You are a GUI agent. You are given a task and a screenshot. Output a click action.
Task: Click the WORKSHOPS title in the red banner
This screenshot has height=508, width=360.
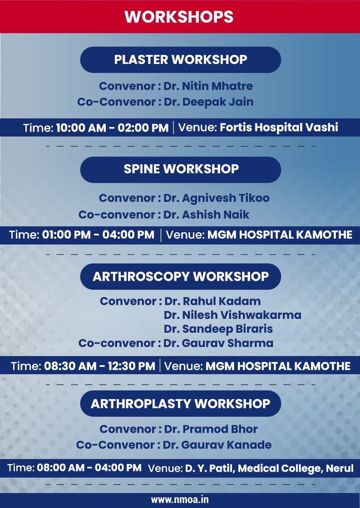coord(179,17)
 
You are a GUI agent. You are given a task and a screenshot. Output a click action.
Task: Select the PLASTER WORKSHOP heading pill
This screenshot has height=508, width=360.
coord(180,59)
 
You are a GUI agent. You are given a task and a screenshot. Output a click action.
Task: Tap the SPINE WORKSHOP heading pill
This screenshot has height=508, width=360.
coord(180,170)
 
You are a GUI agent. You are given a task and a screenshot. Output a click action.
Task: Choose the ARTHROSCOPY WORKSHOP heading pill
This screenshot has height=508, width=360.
coord(180,276)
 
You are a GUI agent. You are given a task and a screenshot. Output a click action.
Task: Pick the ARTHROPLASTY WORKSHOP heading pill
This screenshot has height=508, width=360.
coord(180,404)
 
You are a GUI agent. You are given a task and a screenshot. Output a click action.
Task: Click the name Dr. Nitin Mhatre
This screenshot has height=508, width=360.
coord(208,86)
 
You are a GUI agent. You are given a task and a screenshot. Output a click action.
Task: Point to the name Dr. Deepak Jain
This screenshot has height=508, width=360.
coord(208,102)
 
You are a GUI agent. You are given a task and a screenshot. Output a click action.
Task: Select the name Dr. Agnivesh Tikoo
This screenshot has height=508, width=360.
coord(217,198)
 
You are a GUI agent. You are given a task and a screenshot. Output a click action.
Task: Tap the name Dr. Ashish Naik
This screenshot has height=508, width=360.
coord(206,215)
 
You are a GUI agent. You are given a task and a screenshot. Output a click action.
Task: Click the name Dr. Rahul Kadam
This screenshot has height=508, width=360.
coord(212,301)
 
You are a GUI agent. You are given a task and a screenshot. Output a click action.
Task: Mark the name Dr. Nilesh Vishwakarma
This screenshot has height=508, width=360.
coord(232,315)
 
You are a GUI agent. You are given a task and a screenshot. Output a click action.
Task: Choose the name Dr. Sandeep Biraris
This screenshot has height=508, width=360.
coord(218,329)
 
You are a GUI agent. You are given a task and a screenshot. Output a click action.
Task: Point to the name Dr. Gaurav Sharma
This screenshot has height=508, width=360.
coord(218,343)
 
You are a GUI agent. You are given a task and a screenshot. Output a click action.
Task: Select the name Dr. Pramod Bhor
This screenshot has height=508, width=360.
coord(211,429)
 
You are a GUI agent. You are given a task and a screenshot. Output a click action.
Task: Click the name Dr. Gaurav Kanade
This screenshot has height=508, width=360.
coord(217,445)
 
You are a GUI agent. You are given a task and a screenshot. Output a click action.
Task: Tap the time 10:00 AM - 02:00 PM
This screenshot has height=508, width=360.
coord(112,127)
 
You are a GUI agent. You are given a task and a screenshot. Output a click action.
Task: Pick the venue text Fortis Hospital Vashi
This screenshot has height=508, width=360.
coord(279,127)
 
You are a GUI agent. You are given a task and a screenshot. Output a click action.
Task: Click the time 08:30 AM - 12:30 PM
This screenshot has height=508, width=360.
coord(99,366)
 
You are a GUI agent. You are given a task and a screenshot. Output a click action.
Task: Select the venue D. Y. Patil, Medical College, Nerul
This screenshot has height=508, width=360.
coord(269,469)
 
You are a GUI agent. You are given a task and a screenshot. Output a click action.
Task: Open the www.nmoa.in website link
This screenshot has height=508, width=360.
coord(180,500)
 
